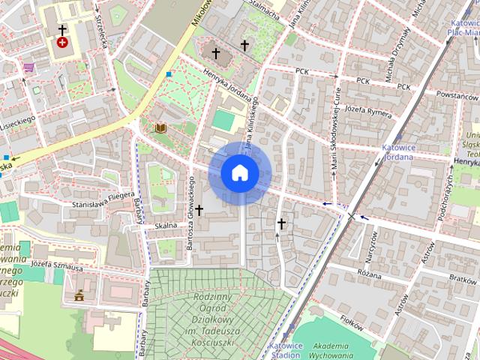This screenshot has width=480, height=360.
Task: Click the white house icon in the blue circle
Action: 239,172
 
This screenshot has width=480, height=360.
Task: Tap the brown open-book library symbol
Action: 160,128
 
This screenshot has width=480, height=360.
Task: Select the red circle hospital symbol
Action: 62,43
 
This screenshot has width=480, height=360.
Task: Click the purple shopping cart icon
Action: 28,67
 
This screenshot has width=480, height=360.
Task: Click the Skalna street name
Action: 165,225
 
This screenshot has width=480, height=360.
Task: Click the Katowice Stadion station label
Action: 286,349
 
